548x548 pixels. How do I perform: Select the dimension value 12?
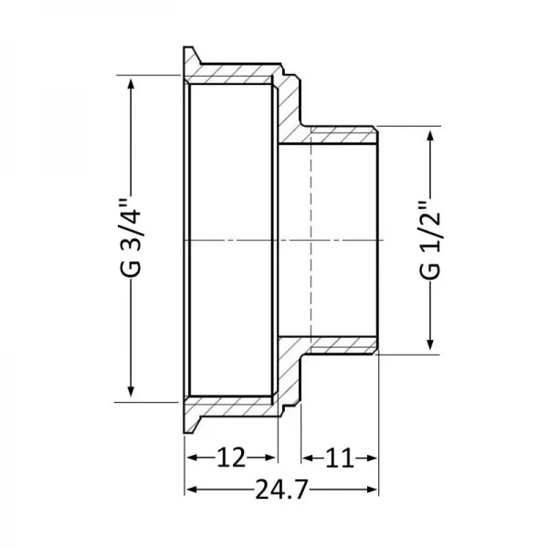tap(230, 456)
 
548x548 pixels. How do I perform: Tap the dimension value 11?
tap(340, 456)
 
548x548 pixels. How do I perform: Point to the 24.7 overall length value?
tap(281, 490)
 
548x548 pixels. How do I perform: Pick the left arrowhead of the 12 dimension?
tap(191, 456)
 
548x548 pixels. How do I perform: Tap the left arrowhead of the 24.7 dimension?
tap(191, 490)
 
